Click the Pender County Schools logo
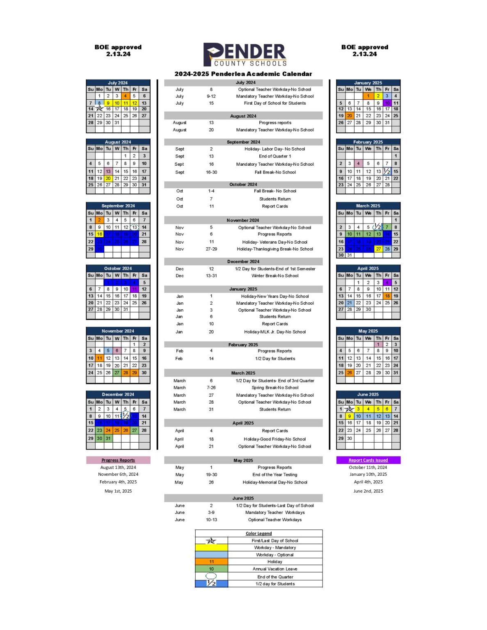(245, 55)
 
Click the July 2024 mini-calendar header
(118, 83)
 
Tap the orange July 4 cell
(126, 96)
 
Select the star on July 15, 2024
(99, 109)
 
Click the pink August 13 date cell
(108, 171)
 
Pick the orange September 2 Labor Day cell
(99, 220)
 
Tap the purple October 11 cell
(134, 289)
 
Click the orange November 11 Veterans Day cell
(99, 358)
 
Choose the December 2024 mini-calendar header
(118, 395)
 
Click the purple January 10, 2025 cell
(387, 103)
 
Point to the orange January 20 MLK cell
(350, 116)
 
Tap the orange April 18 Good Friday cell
(387, 296)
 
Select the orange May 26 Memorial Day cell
(350, 373)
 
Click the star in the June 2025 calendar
(349, 409)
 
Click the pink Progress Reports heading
(118, 460)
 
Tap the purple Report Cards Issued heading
(368, 460)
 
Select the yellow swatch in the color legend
(211, 548)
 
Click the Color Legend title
(258, 533)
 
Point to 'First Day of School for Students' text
(274, 103)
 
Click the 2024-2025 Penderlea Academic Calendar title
(243, 74)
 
